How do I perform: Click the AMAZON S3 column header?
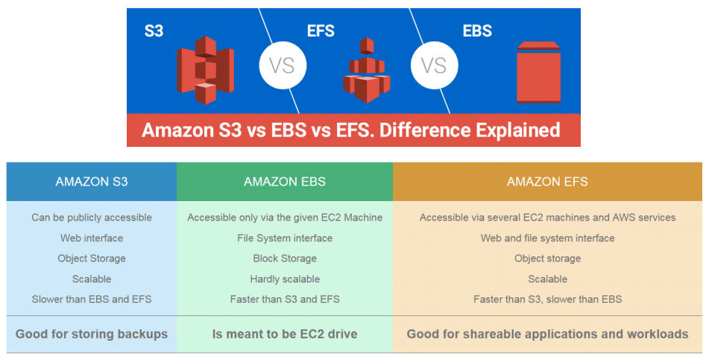(x=92, y=182)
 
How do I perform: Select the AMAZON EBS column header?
(x=285, y=182)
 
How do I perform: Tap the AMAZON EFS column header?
(x=547, y=182)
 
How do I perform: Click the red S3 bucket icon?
(x=205, y=70)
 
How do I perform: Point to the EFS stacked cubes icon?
(x=367, y=71)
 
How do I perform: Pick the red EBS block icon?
(x=538, y=72)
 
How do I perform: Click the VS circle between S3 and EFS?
(x=283, y=65)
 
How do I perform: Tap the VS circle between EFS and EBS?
(x=434, y=65)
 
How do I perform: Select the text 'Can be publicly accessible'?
(x=92, y=218)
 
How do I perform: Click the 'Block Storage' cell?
(x=285, y=259)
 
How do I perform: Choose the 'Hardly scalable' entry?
(x=285, y=279)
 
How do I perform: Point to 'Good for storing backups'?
(x=92, y=334)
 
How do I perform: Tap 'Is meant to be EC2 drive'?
(x=285, y=334)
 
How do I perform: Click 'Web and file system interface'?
(x=547, y=239)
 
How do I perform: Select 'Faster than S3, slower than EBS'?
(x=547, y=300)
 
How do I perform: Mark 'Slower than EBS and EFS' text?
(x=92, y=300)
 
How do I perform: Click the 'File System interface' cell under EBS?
(x=285, y=239)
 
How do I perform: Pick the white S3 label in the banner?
(x=154, y=31)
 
